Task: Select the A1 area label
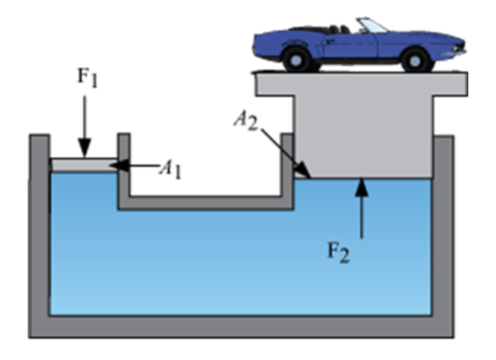[x=171, y=168]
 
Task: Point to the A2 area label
[x=246, y=120]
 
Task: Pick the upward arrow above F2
[x=362, y=207]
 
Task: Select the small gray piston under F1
[x=84, y=165]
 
